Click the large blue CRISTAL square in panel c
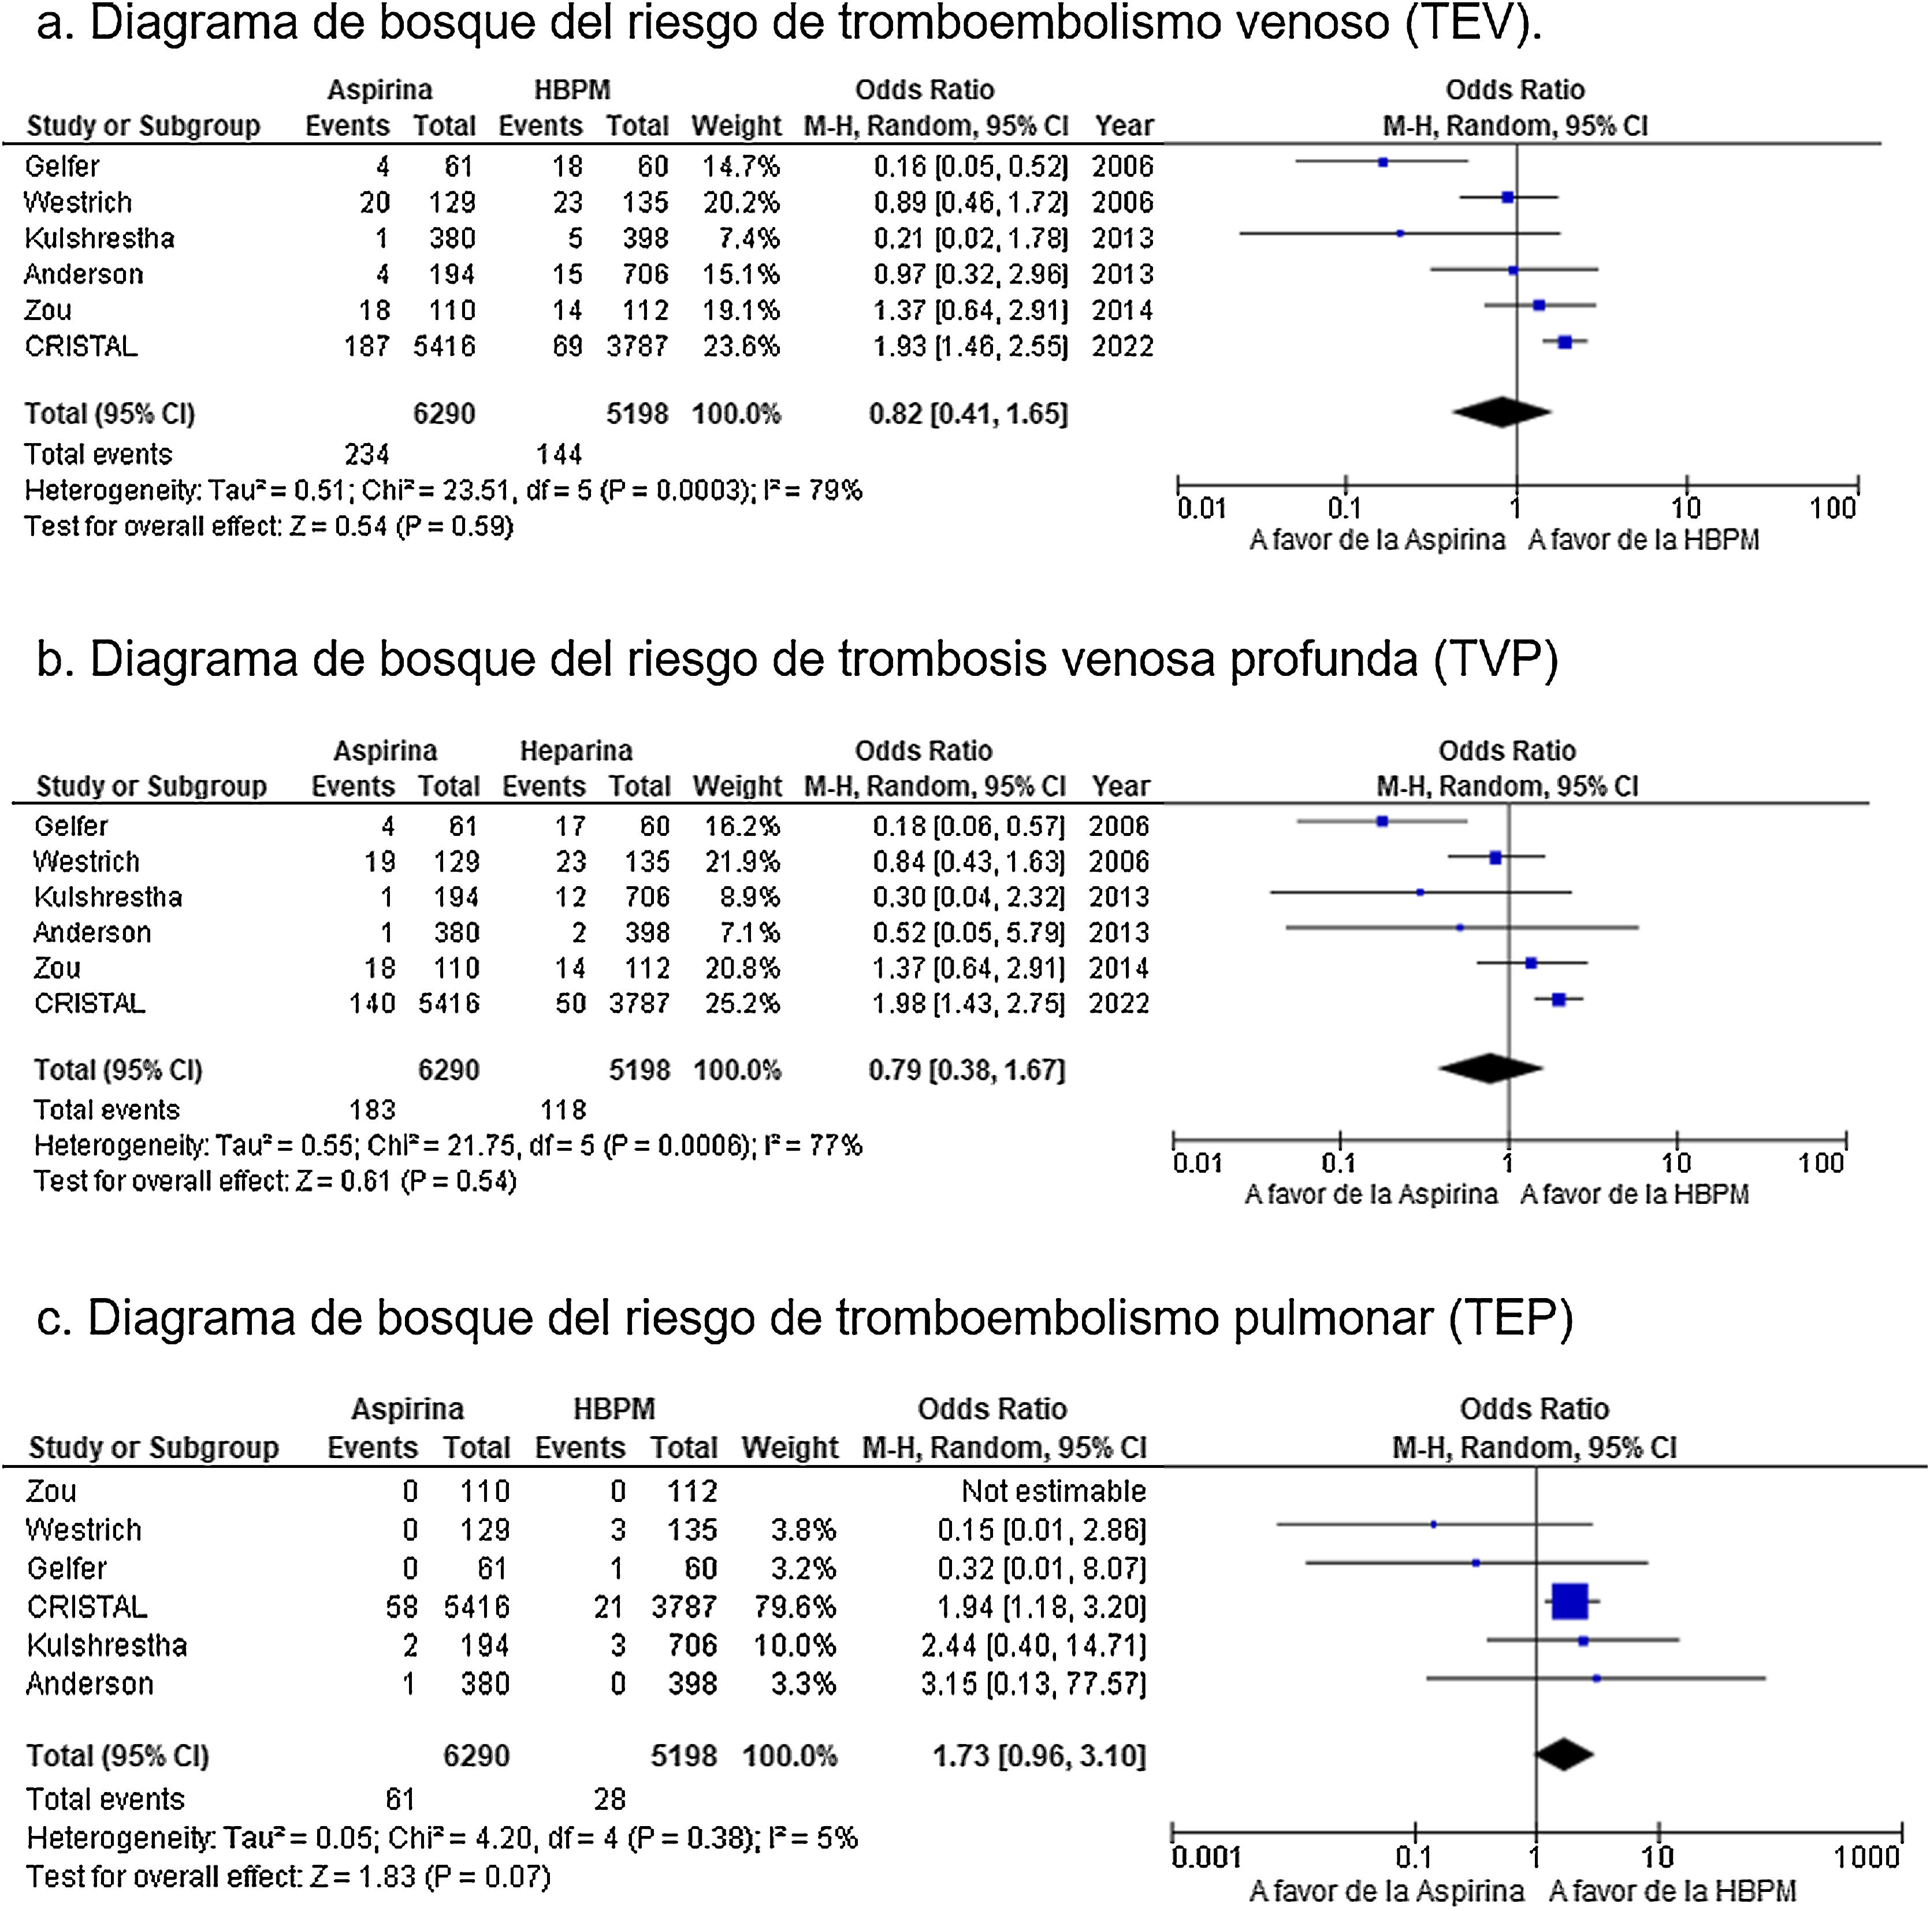click(1570, 1601)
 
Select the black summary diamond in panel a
click(1501, 411)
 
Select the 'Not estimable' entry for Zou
click(1053, 1492)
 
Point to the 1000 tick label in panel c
click(1866, 1857)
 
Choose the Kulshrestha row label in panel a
click(99, 239)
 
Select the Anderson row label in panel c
click(90, 1684)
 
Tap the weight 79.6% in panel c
click(795, 1607)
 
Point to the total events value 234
click(367, 455)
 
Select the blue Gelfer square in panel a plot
click(1382, 162)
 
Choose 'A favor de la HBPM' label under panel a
click(1643, 541)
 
